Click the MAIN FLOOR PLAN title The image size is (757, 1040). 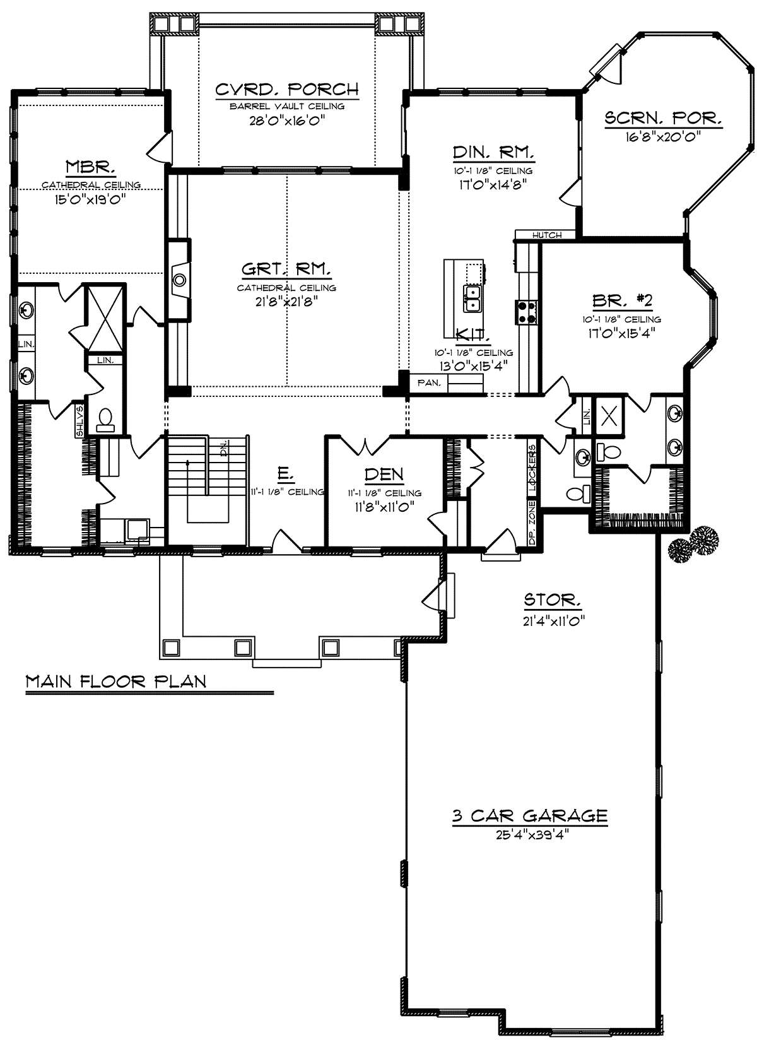(115, 681)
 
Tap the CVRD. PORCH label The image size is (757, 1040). (287, 89)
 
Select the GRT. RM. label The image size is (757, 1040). (286, 269)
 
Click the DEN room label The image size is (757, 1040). (384, 474)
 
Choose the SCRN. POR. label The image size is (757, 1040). (663, 118)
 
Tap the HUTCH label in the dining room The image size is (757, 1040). (547, 235)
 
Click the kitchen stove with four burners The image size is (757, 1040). (526, 312)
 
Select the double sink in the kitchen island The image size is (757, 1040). (472, 298)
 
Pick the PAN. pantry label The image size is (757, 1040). (429, 383)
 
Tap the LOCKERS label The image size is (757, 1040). (532, 468)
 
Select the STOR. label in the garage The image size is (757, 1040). (552, 600)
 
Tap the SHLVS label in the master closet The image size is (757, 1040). (79, 422)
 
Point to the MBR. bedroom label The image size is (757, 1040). (90, 166)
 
